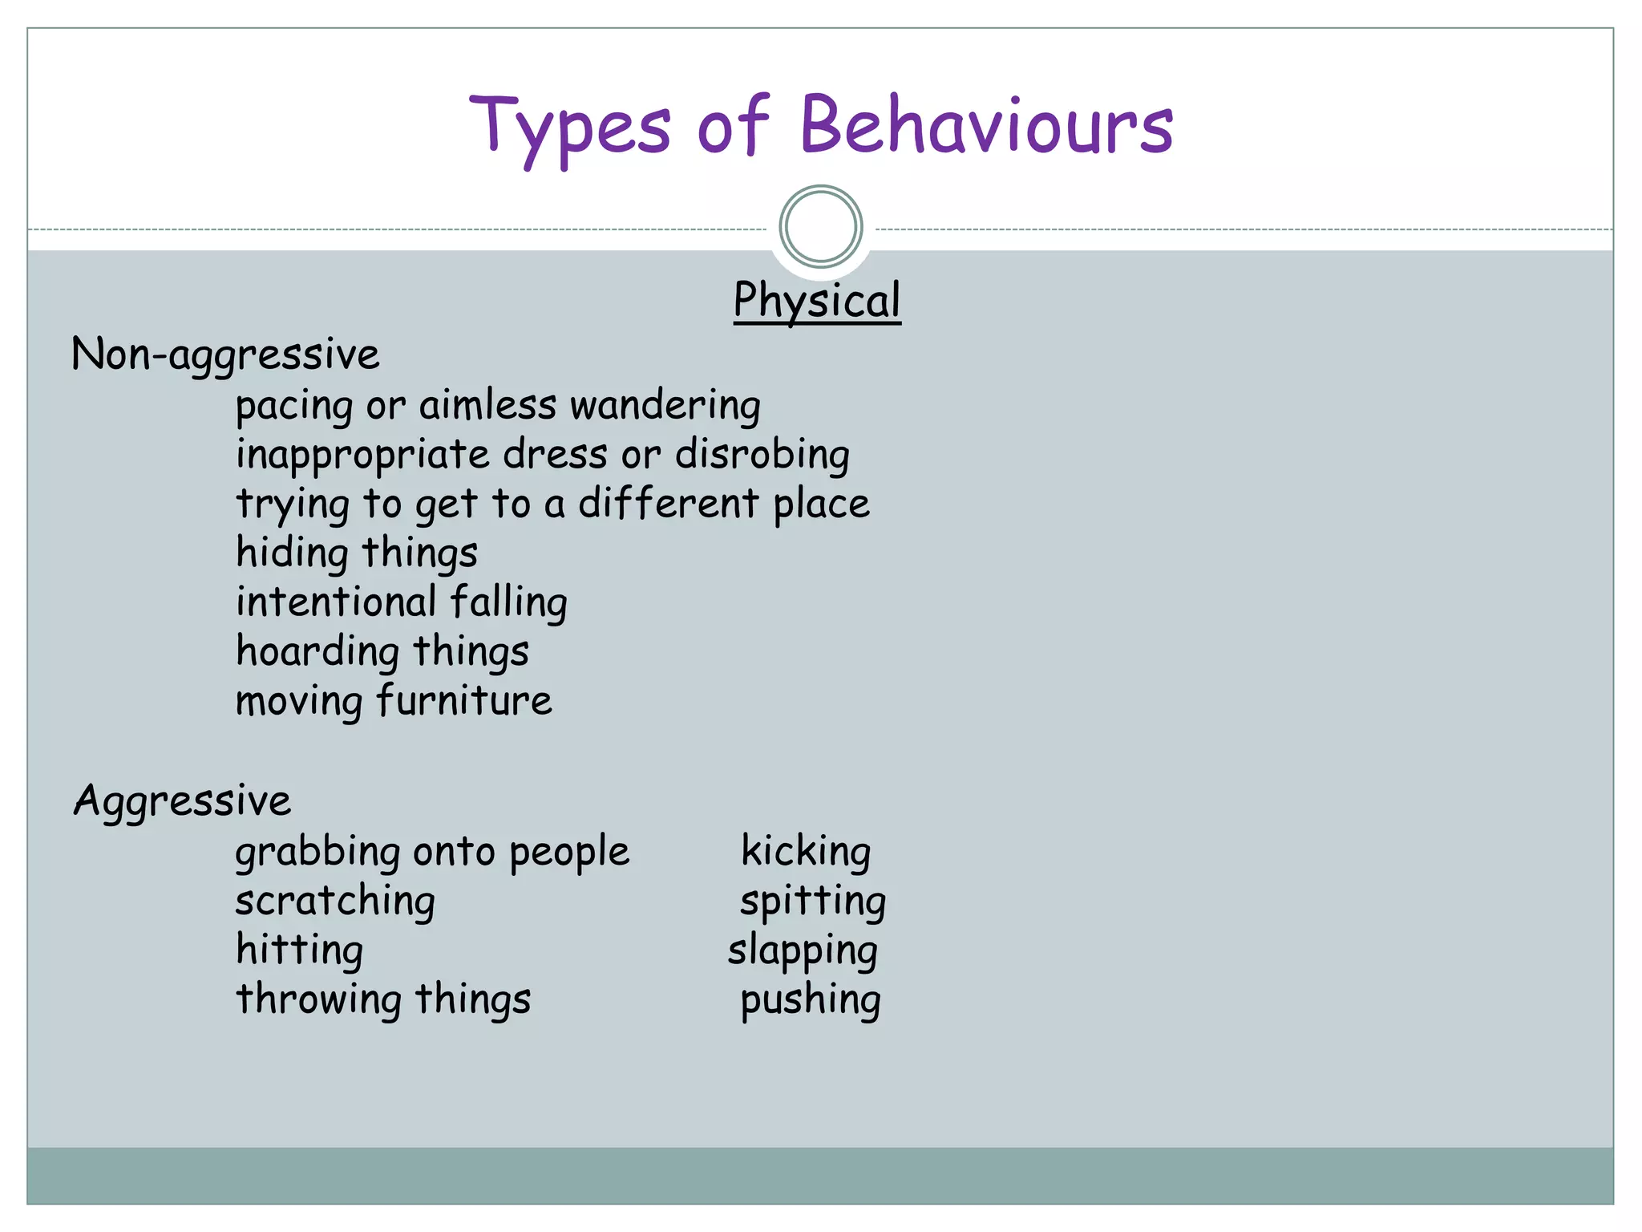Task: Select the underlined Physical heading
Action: coord(817,301)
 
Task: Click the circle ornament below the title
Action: coord(820,227)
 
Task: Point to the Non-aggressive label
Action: coord(225,355)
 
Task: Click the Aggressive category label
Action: coord(182,801)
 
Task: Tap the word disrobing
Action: coord(762,455)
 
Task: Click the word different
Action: coord(668,504)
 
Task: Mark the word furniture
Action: coord(464,701)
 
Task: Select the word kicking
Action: coord(805,851)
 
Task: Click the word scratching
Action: coord(335,902)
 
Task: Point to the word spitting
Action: coord(812,902)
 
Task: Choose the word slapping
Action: coord(803,951)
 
